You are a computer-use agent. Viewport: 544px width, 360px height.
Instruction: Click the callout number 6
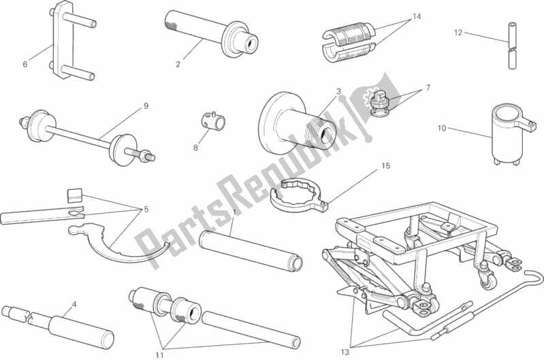coord(25,64)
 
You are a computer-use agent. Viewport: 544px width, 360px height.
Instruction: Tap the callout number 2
coord(178,64)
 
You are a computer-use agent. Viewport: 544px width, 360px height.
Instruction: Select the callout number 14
coord(417,16)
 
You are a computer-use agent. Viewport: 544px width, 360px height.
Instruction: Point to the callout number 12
coord(458,33)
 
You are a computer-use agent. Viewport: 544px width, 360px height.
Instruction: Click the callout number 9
coord(146,105)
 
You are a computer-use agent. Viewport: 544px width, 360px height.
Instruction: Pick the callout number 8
coord(195,148)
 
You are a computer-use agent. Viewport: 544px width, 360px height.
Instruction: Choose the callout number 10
coord(442,129)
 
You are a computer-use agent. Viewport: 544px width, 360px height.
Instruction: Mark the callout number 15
coord(386,166)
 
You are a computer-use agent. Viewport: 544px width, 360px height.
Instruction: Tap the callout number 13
coord(345,353)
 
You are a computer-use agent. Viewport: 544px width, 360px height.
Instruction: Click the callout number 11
coord(159,355)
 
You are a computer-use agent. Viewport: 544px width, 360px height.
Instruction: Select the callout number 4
coord(74,304)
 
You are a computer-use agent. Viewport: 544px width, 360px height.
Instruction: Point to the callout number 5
coord(146,210)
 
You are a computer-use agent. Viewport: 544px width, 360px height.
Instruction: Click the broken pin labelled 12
coord(512,46)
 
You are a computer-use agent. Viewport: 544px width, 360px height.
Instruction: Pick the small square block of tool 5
coord(75,195)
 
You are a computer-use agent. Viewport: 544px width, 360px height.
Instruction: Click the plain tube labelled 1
coord(251,250)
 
